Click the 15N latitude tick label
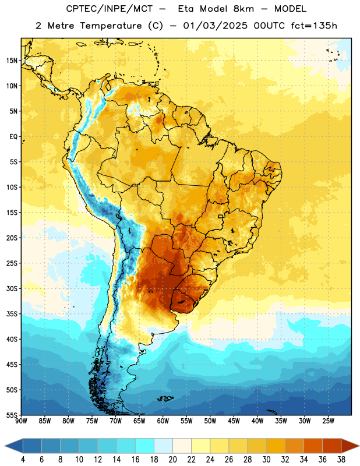tap(11, 61)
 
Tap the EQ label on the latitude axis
tap(13, 137)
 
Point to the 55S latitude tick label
tap(11, 415)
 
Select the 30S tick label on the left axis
tap(11, 288)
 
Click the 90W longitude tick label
tap(22, 421)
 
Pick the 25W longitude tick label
tap(328, 421)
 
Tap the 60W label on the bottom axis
tap(163, 421)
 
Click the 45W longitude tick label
tap(234, 421)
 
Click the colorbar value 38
tap(341, 460)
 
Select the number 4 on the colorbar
tap(23, 460)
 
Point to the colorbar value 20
tap(172, 460)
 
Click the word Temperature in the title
tap(111, 26)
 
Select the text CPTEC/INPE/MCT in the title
tap(109, 9)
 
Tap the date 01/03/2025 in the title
tap(215, 26)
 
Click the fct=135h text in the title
tap(314, 26)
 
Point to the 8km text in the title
tap(243, 9)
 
